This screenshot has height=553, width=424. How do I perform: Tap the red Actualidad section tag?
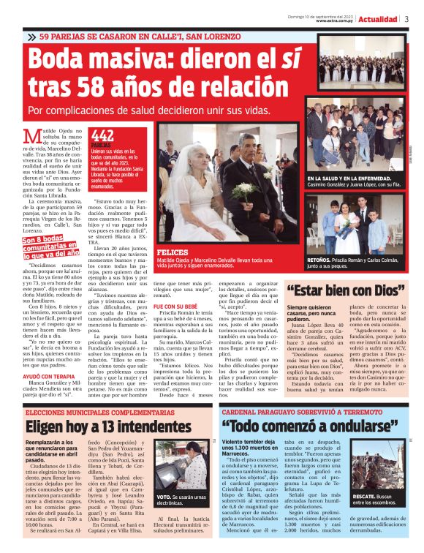point(377,20)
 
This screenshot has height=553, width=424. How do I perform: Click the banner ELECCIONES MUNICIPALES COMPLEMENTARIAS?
point(96,413)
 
